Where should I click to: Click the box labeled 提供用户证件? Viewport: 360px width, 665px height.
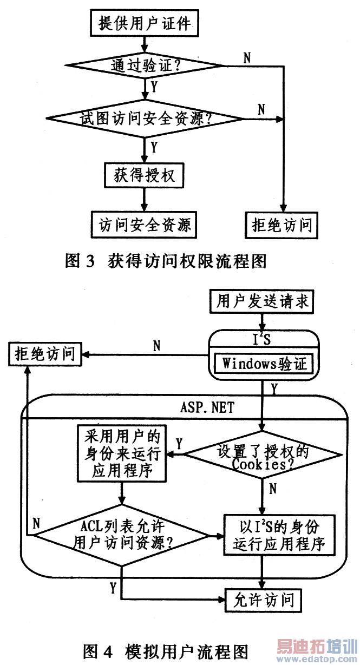click(x=145, y=23)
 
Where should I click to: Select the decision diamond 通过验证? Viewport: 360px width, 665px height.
click(x=145, y=67)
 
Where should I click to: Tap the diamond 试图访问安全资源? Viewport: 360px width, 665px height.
click(x=145, y=118)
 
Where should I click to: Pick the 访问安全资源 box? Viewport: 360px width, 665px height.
click(x=145, y=223)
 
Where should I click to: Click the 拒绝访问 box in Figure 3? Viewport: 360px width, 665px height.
click(x=281, y=223)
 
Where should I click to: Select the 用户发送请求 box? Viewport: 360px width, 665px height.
click(x=262, y=301)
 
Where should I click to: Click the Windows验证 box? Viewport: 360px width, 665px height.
click(x=263, y=363)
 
